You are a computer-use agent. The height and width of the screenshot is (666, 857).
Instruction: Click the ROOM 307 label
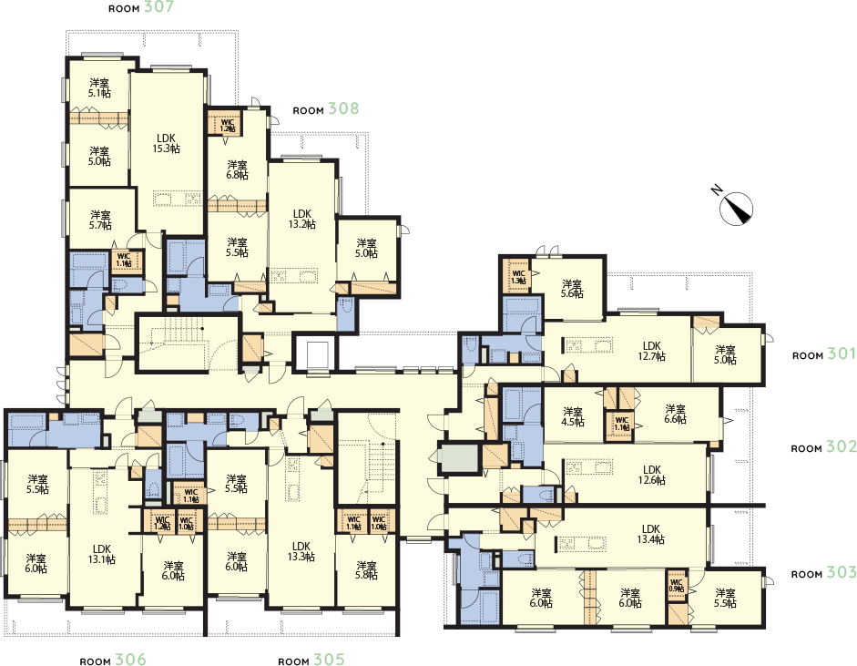(140, 9)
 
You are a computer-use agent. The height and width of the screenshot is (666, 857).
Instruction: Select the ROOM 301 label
(824, 354)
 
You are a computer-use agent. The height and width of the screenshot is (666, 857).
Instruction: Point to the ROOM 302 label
(823, 448)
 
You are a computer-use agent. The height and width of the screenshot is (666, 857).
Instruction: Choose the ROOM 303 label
(823, 574)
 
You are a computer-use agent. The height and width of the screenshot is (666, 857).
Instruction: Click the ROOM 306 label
(113, 660)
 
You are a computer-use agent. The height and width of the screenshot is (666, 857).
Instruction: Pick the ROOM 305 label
(311, 660)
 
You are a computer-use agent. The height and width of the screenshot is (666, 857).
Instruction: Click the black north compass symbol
(732, 204)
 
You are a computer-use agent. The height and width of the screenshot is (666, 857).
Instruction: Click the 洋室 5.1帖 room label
(99, 87)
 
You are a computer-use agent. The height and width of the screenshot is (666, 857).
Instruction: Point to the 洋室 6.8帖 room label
(237, 169)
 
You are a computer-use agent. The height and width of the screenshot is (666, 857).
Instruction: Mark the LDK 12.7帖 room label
(650, 351)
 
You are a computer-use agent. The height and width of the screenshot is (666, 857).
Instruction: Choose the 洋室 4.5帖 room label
(573, 415)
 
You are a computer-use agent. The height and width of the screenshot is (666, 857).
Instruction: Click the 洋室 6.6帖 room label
(675, 414)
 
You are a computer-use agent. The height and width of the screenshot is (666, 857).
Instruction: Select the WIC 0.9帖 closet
(677, 585)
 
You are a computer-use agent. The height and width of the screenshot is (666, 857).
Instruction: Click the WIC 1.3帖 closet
(518, 275)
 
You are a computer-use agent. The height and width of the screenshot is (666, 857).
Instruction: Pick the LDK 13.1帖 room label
(101, 554)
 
